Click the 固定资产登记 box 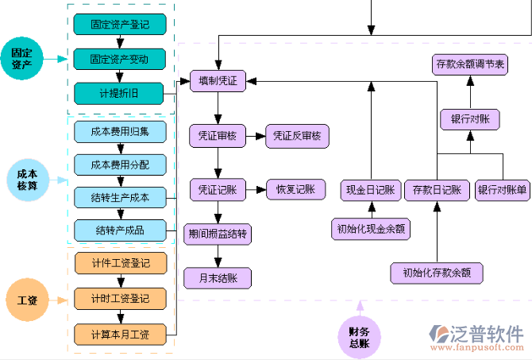pyautogui.click(x=119, y=25)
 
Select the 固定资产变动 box pyautogui.click(x=119, y=59)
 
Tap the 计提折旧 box pyautogui.click(x=119, y=93)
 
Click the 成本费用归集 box pyautogui.click(x=119, y=130)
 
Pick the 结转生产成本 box pyautogui.click(x=119, y=196)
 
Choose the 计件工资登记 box pyautogui.click(x=119, y=263)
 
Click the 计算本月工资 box pyautogui.click(x=119, y=334)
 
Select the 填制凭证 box pyautogui.click(x=218, y=80)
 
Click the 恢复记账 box pyautogui.click(x=295, y=189)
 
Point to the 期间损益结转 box pyautogui.click(x=218, y=234)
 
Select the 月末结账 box pyautogui.click(x=218, y=277)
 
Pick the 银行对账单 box pyautogui.click(x=502, y=190)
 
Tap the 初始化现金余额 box pyautogui.click(x=371, y=230)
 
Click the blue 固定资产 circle pyautogui.click(x=21, y=59)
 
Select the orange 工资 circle pyautogui.click(x=26, y=300)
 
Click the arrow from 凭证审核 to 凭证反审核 pyautogui.click(x=256, y=136)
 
